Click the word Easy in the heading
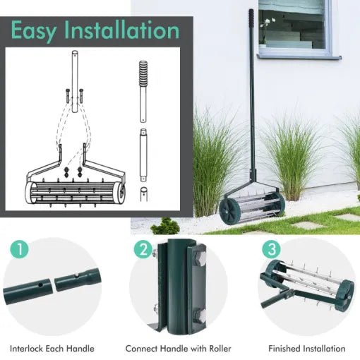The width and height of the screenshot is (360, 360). click(36, 31)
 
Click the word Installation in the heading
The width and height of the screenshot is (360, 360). click(124, 31)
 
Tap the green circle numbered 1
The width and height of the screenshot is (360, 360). click(20, 249)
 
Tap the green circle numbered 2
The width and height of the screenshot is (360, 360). click(144, 249)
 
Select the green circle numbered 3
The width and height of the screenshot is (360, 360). click(270, 249)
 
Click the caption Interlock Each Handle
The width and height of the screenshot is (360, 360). click(52, 349)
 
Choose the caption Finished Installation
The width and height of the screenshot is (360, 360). click(306, 349)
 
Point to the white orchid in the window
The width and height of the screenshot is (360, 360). click(265, 28)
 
